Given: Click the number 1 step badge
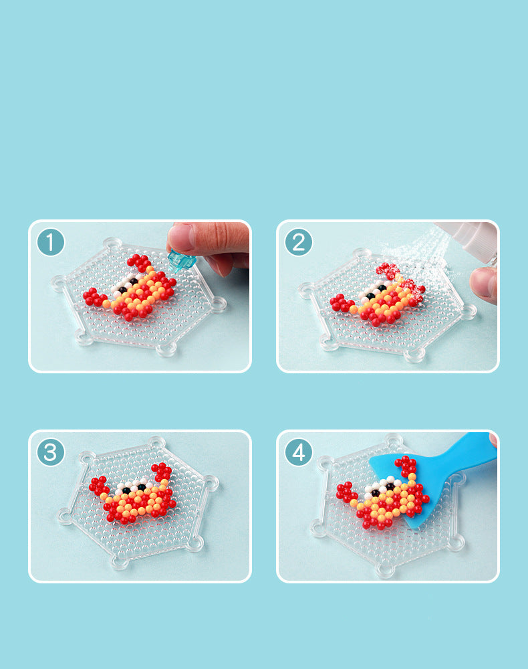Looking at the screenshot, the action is pyautogui.click(x=50, y=242).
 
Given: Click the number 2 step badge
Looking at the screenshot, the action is pyautogui.click(x=298, y=242).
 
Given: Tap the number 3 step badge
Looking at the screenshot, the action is pyautogui.click(x=50, y=452).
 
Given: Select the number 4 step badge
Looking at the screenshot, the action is pyautogui.click(x=298, y=452).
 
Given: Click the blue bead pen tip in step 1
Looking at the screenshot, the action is pyautogui.click(x=180, y=261).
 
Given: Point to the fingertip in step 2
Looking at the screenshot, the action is pyautogui.click(x=484, y=284).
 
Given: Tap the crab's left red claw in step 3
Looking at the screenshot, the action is pyautogui.click(x=98, y=486).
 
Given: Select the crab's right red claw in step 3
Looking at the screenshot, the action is pyautogui.click(x=162, y=472).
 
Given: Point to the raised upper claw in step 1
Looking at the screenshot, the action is pyautogui.click(x=139, y=262).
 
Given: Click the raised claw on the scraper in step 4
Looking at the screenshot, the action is pyautogui.click(x=406, y=466).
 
